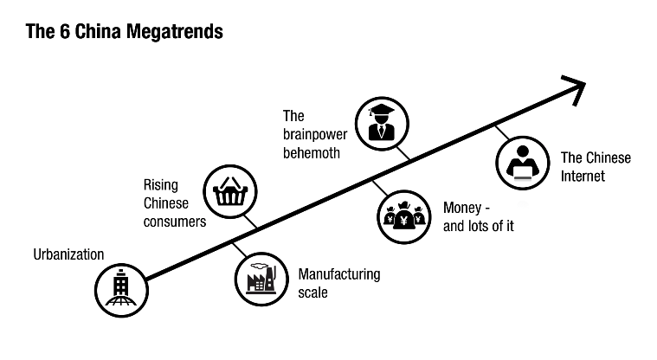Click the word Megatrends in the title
pos(174,32)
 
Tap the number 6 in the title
pos(65,31)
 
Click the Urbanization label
pos(68,254)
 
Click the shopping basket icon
pos(230,191)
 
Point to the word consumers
pos(175,222)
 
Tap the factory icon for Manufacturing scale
pos(261,280)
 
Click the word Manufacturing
pos(339,274)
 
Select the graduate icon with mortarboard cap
pos(382,124)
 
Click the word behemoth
pos(312,153)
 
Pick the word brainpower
pos(315,134)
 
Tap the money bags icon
pos(404,216)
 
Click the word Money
pos(462,208)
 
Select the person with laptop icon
pos(523,163)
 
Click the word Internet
pos(583,176)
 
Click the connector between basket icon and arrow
pos(250,222)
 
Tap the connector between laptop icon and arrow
pos(502,132)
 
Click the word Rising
pos(161,185)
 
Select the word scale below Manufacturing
pos(313,292)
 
